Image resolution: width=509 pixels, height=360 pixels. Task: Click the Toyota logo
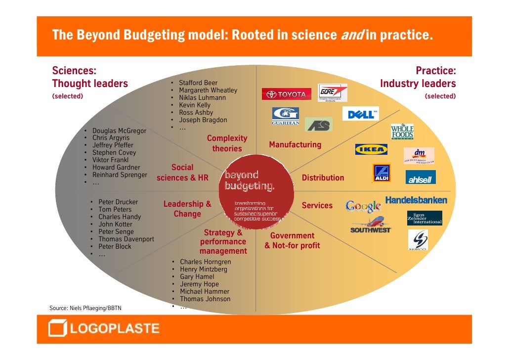286,94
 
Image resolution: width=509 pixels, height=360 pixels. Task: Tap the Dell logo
360,114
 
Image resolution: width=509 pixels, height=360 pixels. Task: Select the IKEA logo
371,149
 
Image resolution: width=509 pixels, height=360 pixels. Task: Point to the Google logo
363,206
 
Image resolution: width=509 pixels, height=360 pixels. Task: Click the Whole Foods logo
402,132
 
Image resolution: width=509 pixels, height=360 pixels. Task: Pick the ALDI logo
381,173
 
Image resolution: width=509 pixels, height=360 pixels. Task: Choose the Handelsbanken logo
416,200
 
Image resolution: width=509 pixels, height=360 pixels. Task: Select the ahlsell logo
421,177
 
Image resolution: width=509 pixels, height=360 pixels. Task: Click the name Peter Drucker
118,202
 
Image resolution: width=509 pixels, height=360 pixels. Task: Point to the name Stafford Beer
198,83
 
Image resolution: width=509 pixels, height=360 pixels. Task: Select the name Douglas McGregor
119,131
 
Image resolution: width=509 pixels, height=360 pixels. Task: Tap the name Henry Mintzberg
204,270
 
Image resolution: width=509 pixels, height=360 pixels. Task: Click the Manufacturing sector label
295,145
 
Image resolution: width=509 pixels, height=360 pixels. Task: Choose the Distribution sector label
323,178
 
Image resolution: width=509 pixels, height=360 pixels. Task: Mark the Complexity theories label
227,143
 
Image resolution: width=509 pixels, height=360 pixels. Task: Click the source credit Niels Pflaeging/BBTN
85,309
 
